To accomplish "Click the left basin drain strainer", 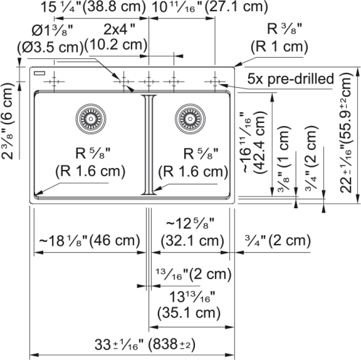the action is (91, 119).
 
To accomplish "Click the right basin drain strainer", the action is (190, 119).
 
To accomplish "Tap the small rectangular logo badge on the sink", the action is (39, 73).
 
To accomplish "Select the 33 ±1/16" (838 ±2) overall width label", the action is (145, 345).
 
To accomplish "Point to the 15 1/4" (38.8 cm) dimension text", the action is (93, 7).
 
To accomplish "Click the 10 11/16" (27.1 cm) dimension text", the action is (210, 7).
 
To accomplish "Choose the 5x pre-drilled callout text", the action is (291, 79).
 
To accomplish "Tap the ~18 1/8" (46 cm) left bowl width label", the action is (89, 241).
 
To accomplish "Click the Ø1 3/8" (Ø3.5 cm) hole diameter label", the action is (50, 39).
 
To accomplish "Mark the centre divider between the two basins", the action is (149, 145).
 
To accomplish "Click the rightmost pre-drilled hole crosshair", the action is (215, 82).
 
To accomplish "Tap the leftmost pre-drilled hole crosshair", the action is (54, 82).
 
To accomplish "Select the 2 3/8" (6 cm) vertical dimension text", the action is (8, 121).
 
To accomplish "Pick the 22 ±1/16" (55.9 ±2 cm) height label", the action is (346, 133).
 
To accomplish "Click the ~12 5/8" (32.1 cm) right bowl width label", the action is (192, 232).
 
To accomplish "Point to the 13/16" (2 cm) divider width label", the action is (194, 274).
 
